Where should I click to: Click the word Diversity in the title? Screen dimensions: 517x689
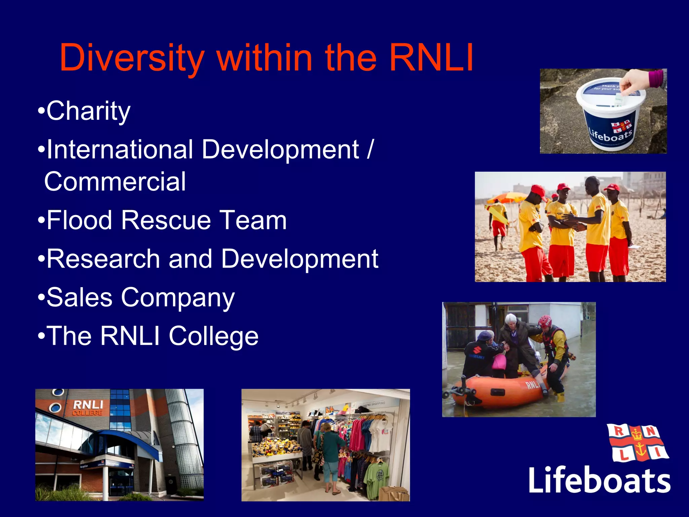(x=132, y=58)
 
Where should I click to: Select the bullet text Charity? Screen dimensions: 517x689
(x=88, y=111)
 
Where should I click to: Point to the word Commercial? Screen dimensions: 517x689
(x=115, y=182)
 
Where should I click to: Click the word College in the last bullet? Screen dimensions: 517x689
(x=214, y=337)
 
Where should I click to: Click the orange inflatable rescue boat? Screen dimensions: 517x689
(x=505, y=390)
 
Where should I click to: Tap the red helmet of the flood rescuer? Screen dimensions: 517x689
(x=545, y=321)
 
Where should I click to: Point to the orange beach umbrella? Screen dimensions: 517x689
(x=505, y=197)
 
